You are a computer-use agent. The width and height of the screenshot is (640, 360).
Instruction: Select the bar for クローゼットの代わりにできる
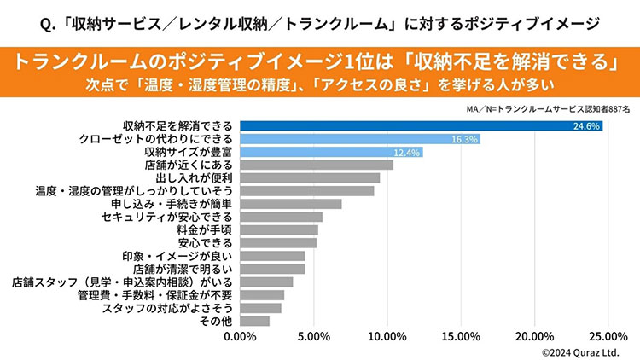tap(358, 138)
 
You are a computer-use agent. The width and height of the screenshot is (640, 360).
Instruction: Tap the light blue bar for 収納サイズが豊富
tap(329, 152)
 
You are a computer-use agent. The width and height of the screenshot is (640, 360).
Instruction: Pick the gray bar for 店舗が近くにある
tap(316, 165)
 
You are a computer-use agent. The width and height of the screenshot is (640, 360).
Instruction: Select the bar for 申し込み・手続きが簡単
tap(290, 204)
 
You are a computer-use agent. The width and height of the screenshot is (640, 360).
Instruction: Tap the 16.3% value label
tap(464, 138)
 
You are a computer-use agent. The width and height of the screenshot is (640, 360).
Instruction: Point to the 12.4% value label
tap(407, 152)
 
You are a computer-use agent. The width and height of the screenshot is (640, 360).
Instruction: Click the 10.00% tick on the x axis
tap(387, 335)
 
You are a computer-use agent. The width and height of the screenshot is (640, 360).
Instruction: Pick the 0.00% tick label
tap(240, 335)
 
